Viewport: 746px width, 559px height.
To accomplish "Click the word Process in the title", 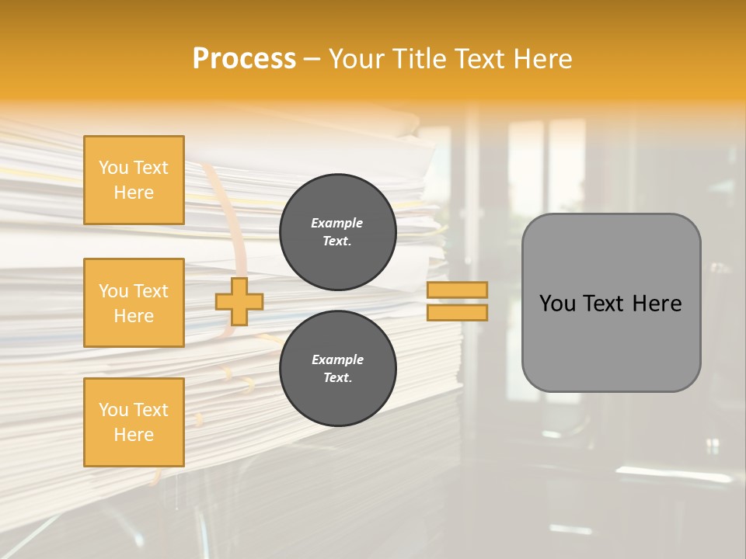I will click(x=244, y=59).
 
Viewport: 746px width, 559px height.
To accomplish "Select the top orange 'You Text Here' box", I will click(x=134, y=180).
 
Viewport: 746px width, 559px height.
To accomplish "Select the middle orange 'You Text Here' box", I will click(x=134, y=303).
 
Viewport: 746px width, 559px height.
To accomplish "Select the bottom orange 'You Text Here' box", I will click(x=134, y=422).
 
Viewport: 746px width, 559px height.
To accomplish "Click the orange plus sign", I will click(x=239, y=301).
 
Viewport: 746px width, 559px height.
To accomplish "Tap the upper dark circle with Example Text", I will click(x=337, y=231).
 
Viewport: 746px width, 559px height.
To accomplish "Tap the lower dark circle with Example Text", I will click(x=337, y=368).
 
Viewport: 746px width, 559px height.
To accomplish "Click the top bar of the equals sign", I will click(x=458, y=290).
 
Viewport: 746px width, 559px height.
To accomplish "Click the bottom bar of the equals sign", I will click(x=458, y=313).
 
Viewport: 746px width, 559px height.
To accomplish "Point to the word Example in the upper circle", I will click(x=337, y=223).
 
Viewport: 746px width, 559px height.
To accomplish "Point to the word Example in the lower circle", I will click(x=337, y=359).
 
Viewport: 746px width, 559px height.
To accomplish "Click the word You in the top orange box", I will click(x=113, y=168).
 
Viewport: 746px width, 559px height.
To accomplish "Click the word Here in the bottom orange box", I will click(x=134, y=435).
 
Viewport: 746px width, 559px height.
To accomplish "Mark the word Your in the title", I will click(x=359, y=59).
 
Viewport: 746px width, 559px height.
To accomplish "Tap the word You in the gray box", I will click(x=557, y=304).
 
